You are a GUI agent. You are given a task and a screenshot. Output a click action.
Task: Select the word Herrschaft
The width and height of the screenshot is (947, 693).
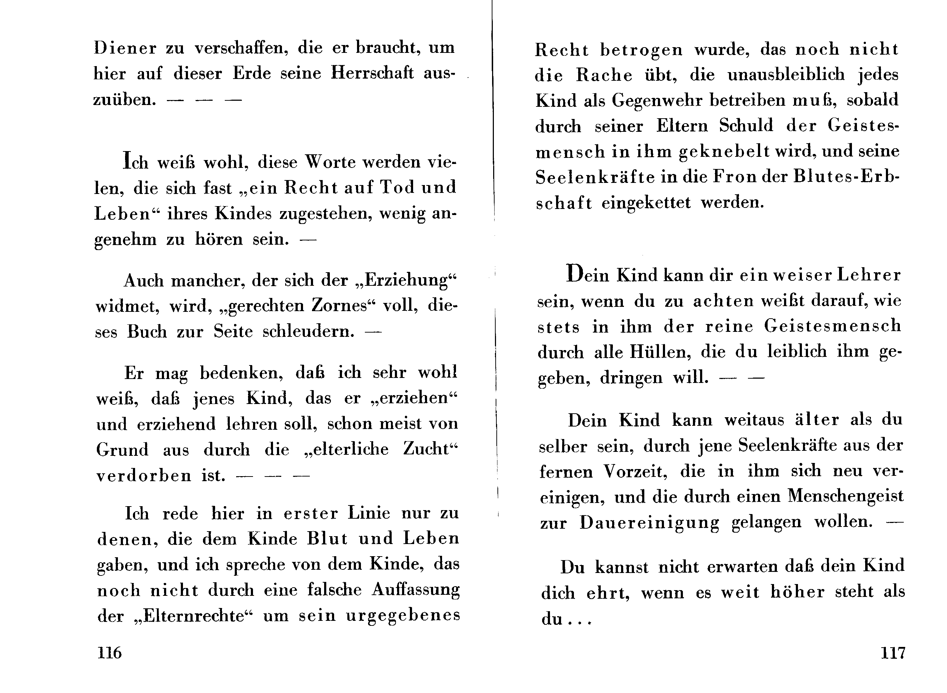pyautogui.click(x=372, y=74)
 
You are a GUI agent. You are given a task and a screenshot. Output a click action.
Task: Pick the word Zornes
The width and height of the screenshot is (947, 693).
pyautogui.click(x=339, y=306)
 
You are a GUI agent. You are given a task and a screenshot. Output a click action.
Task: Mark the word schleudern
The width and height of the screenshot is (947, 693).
pyautogui.click(x=308, y=332)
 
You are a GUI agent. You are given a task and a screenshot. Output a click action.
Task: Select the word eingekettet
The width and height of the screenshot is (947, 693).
pyautogui.click(x=646, y=203)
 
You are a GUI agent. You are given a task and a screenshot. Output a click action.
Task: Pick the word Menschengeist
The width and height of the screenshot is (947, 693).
pyautogui.click(x=845, y=496)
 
